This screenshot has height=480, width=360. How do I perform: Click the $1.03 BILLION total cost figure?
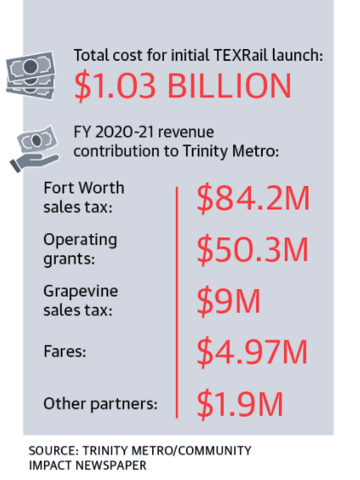(x=183, y=86)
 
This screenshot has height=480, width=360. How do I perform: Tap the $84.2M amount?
(x=254, y=198)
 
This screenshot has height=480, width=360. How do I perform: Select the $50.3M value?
(x=252, y=249)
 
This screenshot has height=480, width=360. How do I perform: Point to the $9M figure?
(x=228, y=301)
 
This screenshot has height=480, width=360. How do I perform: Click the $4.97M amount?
(x=252, y=352)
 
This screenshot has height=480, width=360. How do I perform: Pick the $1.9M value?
(x=240, y=403)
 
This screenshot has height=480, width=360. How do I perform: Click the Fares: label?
(x=65, y=352)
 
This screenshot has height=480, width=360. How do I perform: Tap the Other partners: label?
(x=101, y=403)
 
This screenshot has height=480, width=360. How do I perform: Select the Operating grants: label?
(x=80, y=249)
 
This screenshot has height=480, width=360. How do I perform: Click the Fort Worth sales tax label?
(x=84, y=198)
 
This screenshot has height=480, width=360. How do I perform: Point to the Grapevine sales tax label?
(x=80, y=301)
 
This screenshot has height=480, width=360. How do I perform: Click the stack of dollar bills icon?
(x=30, y=75)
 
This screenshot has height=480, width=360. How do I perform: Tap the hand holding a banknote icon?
(x=35, y=149)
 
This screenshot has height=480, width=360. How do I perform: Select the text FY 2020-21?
(x=113, y=132)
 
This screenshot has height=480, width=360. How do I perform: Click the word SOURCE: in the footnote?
(x=53, y=450)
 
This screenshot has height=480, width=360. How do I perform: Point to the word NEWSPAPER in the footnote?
(x=111, y=466)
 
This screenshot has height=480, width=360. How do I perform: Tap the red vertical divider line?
(x=177, y=303)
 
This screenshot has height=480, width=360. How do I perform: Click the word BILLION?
(x=229, y=86)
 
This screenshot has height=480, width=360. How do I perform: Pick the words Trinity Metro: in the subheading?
(x=231, y=151)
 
